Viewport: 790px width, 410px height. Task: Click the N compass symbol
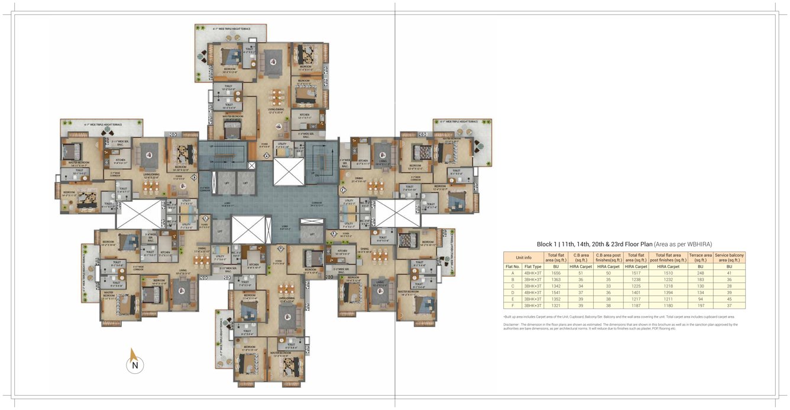(x=135, y=365)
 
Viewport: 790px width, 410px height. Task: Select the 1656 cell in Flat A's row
(x=556, y=273)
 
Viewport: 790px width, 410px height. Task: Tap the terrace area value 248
(x=700, y=273)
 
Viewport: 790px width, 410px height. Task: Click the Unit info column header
(x=523, y=257)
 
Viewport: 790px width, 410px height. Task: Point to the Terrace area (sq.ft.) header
(x=700, y=257)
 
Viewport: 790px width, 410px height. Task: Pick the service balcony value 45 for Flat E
(x=729, y=299)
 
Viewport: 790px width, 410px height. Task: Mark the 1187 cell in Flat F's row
(x=636, y=306)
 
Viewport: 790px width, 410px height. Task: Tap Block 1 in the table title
(x=548, y=244)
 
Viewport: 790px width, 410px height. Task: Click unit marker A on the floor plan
(x=266, y=156)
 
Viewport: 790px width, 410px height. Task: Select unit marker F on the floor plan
(x=342, y=190)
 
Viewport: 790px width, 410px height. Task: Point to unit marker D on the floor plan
(x=280, y=248)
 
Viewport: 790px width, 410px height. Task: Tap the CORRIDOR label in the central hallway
(x=316, y=203)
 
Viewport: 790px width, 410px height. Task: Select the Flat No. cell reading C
(x=512, y=286)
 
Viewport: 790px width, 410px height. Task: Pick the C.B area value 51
(x=581, y=273)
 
